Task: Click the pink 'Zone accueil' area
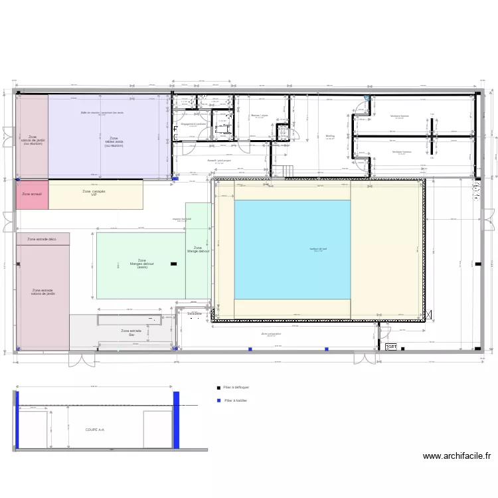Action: pyautogui.click(x=32, y=195)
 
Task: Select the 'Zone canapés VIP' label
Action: pyautogui.click(x=94, y=193)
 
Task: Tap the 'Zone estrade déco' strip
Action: pyautogui.click(x=42, y=238)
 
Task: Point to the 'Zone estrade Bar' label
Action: pyautogui.click(x=131, y=333)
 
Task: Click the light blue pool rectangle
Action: pyautogui.click(x=292, y=250)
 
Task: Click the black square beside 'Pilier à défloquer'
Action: pyautogui.click(x=218, y=387)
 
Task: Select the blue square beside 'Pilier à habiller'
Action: pyautogui.click(x=218, y=400)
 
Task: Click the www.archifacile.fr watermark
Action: pyautogui.click(x=457, y=456)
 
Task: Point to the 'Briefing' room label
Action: pyautogui.click(x=330, y=135)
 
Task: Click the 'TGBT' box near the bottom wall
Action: pyautogui.click(x=391, y=347)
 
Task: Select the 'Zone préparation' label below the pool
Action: pyautogui.click(x=271, y=335)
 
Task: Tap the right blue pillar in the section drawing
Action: pyautogui.click(x=177, y=420)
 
